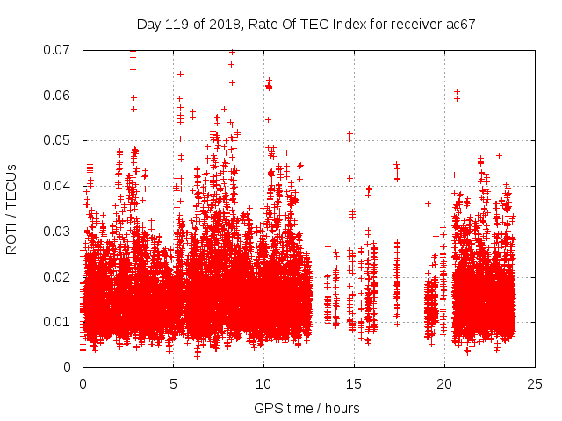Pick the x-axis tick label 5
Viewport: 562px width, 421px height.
(173, 383)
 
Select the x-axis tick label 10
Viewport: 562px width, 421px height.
(263, 383)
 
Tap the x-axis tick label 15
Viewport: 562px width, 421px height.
(354, 383)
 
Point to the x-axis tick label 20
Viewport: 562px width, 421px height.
(444, 383)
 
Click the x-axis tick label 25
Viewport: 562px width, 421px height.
(535, 383)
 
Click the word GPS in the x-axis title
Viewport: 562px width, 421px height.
(267, 408)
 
